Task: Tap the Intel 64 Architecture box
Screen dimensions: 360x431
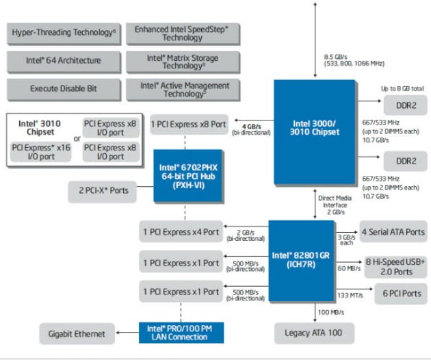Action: coord(64,61)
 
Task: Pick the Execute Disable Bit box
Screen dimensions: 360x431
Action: coord(64,89)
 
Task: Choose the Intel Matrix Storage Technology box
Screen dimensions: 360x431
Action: coord(181,62)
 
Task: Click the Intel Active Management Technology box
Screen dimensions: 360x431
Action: coord(181,89)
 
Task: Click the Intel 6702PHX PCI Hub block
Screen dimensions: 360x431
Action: coord(187,175)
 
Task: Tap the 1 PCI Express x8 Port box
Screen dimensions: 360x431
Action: coord(189,125)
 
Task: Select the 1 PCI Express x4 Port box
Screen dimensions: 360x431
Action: coord(181,232)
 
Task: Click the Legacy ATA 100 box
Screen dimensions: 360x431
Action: coord(315,334)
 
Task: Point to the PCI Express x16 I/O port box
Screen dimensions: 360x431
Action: coord(41,151)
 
